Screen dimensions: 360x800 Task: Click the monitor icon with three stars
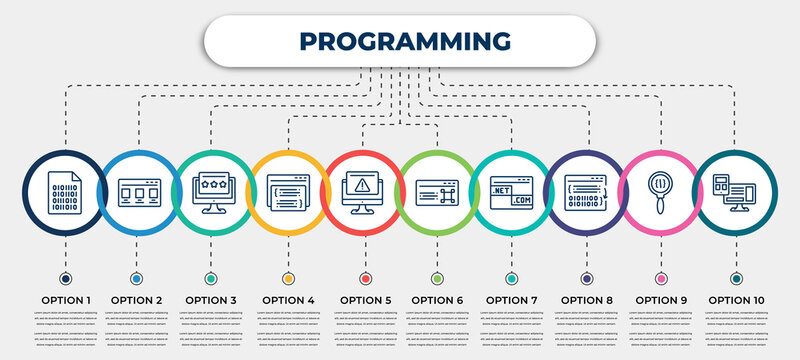pos(211,190)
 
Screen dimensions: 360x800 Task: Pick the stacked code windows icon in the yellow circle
pos(287,190)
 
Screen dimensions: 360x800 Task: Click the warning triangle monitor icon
pos(362,190)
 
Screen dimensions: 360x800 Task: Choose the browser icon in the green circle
pos(437,190)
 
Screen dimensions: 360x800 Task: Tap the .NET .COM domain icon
pos(512,190)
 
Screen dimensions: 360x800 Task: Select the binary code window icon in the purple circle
pos(586,190)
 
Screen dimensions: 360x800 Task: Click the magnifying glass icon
pos(660,190)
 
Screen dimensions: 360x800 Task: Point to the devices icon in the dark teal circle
pos(735,190)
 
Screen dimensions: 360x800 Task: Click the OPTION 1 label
pos(65,299)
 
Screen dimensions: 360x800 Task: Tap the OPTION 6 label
pos(438,299)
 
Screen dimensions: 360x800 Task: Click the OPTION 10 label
pos(737,299)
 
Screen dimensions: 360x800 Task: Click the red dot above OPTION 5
pos(364,278)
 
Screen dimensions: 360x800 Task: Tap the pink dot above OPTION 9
pos(661,278)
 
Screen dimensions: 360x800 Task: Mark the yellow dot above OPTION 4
pos(289,278)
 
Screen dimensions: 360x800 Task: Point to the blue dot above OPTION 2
pos(137,278)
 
